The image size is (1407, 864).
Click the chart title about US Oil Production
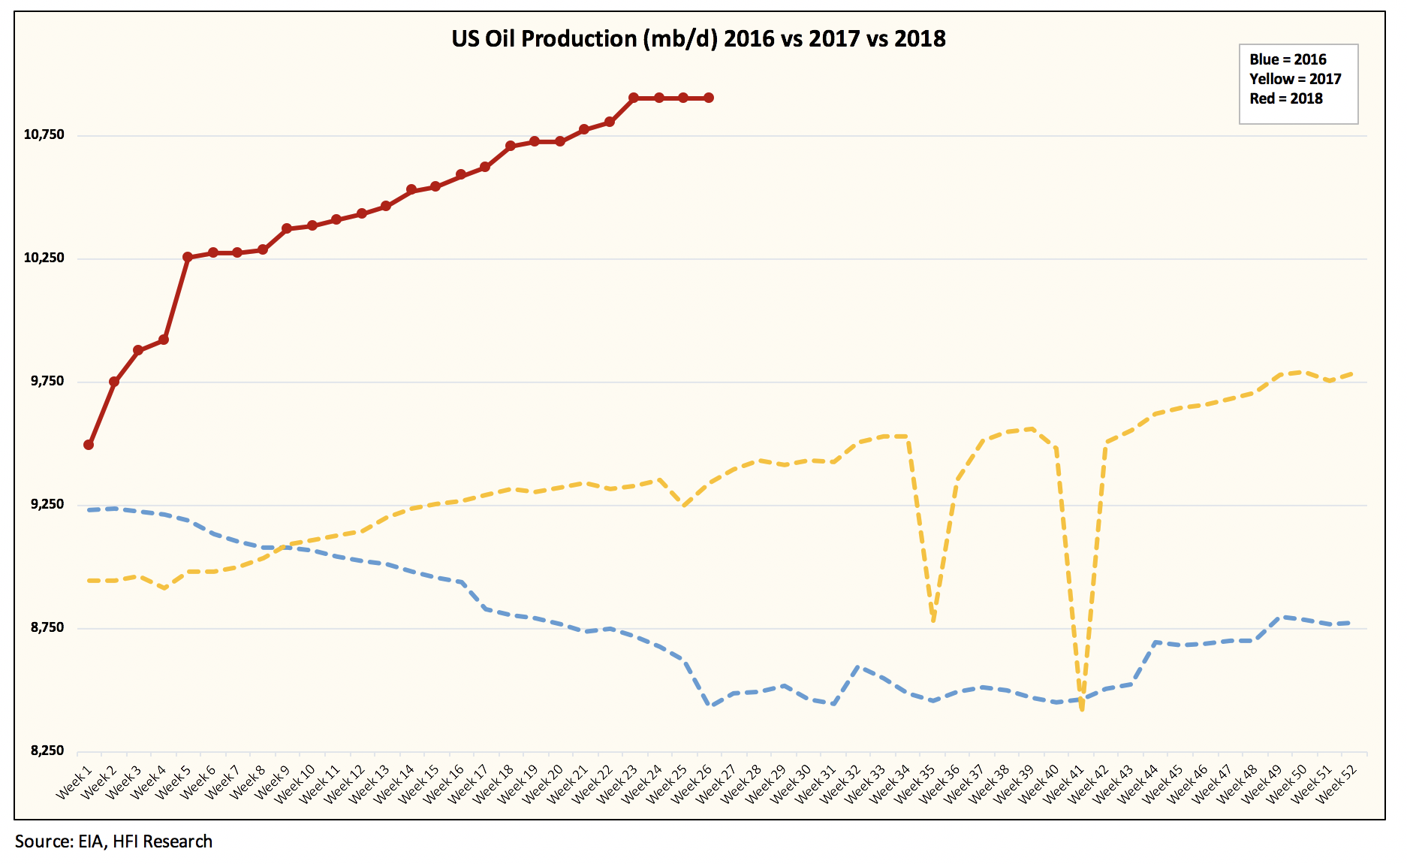pyautogui.click(x=698, y=38)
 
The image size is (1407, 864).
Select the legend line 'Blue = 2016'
pyautogui.click(x=1288, y=59)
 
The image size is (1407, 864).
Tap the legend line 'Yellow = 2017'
pyautogui.click(x=1295, y=79)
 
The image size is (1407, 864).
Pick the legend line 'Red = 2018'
pyautogui.click(x=1286, y=98)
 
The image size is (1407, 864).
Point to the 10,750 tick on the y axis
pyautogui.click(x=44, y=134)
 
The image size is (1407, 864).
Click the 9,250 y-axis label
pyautogui.click(x=47, y=504)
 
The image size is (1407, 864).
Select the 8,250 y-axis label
pyautogui.click(x=47, y=751)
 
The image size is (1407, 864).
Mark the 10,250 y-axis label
pyautogui.click(x=44, y=258)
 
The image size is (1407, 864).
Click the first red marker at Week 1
pyautogui.click(x=89, y=445)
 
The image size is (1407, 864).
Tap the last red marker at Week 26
pyautogui.click(x=708, y=98)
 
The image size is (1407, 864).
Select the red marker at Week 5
pyautogui.click(x=188, y=257)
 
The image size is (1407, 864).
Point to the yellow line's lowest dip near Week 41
pyautogui.click(x=1081, y=708)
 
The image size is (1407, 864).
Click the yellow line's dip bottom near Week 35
pyautogui.click(x=933, y=621)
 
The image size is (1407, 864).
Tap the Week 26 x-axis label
pyautogui.click(x=692, y=783)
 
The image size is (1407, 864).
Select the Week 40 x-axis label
pyautogui.click(x=1039, y=783)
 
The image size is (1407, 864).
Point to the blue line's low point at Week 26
pyautogui.click(x=710, y=705)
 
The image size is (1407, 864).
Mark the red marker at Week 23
pyautogui.click(x=634, y=98)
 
